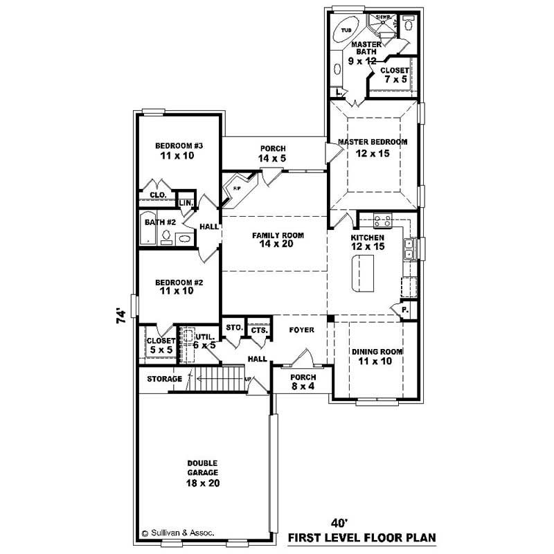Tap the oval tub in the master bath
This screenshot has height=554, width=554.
346,31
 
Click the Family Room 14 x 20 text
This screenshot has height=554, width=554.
278,240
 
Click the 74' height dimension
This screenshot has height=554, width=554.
122,317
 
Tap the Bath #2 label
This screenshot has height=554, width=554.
159,223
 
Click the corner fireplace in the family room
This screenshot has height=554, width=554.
238,188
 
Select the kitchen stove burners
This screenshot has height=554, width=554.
383,222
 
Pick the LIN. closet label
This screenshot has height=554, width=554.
186,202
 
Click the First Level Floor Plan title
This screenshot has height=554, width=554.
362,537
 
